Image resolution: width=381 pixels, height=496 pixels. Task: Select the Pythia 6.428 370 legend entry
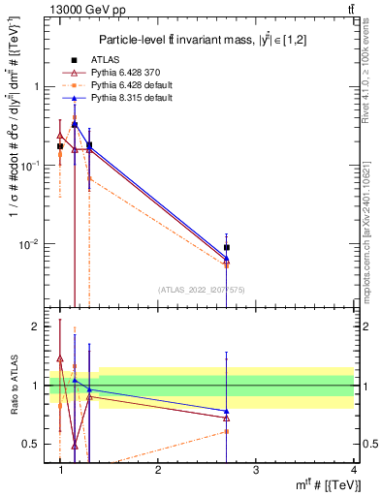[121, 73]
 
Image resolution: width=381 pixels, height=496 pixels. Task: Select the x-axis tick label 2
[158, 469]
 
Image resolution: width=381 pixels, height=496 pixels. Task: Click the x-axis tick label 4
[354, 469]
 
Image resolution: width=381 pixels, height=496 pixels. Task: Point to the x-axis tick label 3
[256, 469]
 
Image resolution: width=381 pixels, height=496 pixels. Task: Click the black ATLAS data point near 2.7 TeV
[227, 248]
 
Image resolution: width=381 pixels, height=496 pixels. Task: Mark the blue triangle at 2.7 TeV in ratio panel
[227, 412]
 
